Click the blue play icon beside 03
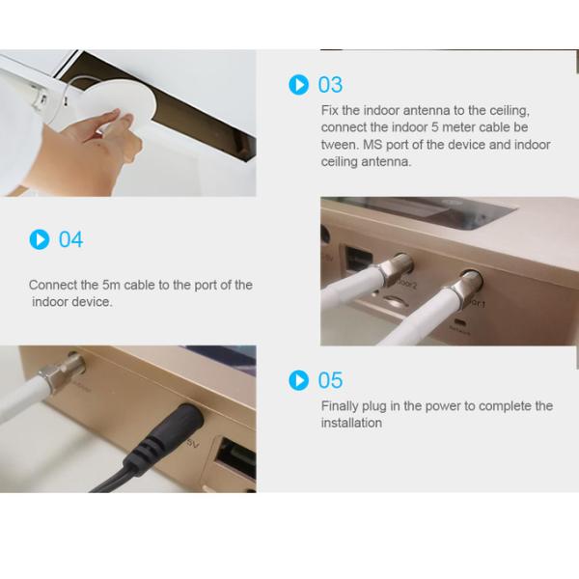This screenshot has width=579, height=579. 298,85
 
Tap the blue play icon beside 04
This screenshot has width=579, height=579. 40,239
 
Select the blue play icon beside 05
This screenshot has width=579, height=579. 298,380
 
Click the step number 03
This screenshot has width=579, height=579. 330,85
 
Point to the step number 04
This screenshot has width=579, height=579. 70,239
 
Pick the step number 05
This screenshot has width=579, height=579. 330,380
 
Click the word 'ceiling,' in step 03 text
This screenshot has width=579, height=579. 510,111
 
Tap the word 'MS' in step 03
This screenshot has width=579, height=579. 372,145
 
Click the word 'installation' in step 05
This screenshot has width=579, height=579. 351,423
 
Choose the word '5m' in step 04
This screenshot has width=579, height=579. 111,285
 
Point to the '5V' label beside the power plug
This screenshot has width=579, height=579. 193,443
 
